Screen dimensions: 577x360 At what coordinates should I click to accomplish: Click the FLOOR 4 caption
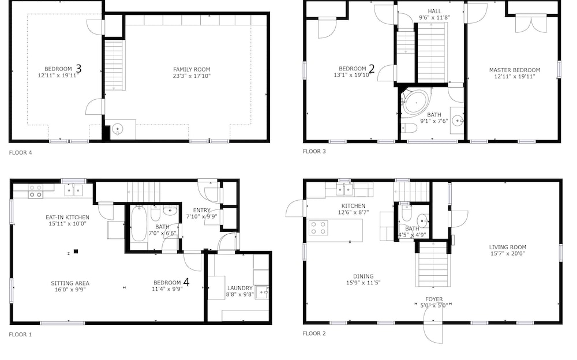[20, 152]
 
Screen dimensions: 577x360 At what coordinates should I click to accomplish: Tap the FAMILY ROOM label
[192, 69]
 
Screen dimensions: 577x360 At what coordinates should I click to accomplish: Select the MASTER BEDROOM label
[515, 70]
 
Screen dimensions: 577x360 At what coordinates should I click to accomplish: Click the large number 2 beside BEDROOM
[372, 69]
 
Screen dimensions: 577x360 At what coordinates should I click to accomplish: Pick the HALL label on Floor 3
[434, 12]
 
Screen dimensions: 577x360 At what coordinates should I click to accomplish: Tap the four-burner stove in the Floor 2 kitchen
[319, 227]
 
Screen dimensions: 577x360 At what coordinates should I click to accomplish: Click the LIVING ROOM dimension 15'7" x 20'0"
[507, 253]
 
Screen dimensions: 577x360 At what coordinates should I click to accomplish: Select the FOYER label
[434, 299]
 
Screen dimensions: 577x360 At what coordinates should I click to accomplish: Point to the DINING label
[363, 276]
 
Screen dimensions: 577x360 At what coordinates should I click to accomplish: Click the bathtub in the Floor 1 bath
[138, 224]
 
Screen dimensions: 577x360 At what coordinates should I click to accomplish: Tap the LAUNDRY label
[240, 288]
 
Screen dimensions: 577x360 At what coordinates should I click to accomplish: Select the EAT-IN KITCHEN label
[68, 217]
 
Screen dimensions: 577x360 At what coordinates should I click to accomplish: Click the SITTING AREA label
[70, 283]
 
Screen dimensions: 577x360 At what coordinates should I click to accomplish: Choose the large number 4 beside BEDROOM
[186, 282]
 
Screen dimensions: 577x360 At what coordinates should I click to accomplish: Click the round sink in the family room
[117, 129]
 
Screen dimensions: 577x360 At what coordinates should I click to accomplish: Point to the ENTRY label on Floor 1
[201, 210]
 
